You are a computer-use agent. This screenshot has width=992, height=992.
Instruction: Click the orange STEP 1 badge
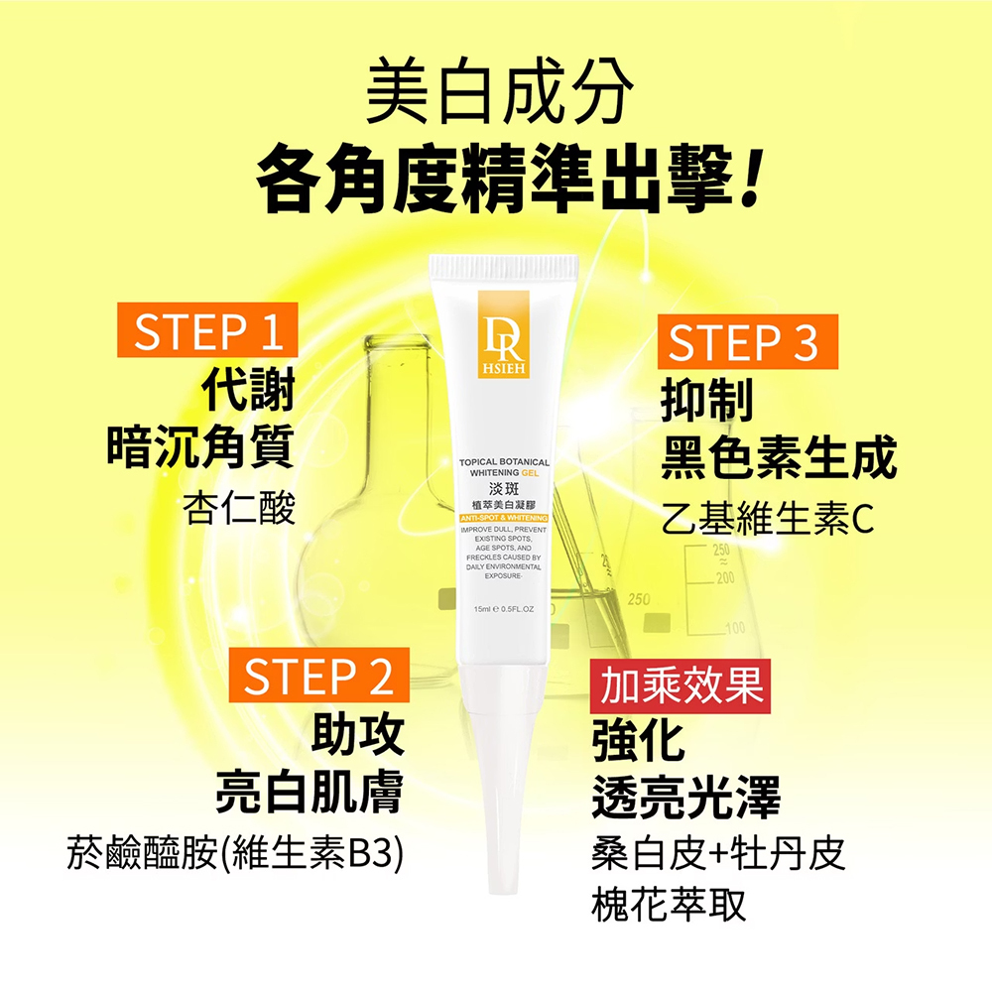(206, 331)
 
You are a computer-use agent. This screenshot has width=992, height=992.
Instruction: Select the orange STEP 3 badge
(747, 342)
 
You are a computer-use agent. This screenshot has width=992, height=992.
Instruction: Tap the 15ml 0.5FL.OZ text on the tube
(504, 608)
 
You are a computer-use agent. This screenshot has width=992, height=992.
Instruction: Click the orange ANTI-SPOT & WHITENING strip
(504, 519)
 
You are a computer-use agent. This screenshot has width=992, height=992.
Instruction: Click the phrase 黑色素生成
(779, 456)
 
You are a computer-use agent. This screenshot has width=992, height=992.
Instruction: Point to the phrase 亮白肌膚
(309, 791)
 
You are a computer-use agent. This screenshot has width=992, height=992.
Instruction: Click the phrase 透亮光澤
(685, 796)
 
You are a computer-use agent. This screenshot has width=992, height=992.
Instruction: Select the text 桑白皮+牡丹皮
(718, 853)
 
